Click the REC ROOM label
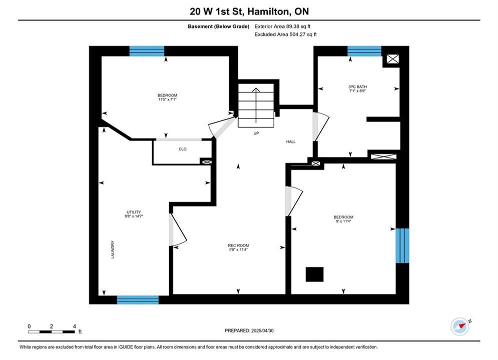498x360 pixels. click(238, 245)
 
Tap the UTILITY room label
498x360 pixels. click(134, 212)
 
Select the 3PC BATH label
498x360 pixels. click(358, 86)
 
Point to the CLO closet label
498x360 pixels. click(183, 149)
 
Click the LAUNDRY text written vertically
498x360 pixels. click(113, 249)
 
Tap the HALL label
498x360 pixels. click(291, 142)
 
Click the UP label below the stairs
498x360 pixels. click(256, 133)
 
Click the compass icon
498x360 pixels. click(459, 326)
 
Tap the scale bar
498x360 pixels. click(52, 332)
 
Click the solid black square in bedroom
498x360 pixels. click(314, 274)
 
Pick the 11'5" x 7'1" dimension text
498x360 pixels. click(167, 99)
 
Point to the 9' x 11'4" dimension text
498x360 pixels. click(343, 221)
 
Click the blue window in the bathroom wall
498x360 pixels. click(364, 51)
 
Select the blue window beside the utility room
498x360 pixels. click(138, 299)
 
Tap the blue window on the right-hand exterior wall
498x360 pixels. click(402, 245)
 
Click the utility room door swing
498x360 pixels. click(177, 230)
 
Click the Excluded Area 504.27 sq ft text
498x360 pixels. click(285, 34)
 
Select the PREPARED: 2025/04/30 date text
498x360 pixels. click(249, 330)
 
